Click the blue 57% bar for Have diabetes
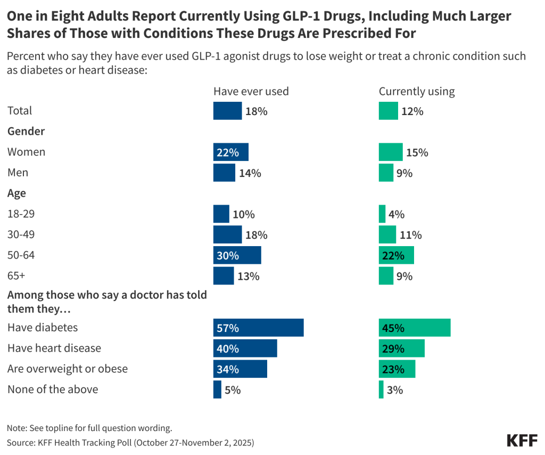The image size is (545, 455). (258, 328)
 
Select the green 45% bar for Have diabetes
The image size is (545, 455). (415, 328)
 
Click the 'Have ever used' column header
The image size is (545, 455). (251, 91)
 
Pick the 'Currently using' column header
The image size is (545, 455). (417, 91)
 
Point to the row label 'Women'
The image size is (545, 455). (26, 152)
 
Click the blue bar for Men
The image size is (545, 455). (224, 173)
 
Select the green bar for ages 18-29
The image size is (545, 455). (382, 214)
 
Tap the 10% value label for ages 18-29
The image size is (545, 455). (244, 215)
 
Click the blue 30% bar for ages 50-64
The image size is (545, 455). (237, 255)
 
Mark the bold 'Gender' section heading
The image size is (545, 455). (26, 131)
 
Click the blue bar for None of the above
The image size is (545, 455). (217, 389)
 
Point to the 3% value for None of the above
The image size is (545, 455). (395, 390)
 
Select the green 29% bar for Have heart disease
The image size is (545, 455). (402, 348)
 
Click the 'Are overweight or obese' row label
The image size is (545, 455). (68, 369)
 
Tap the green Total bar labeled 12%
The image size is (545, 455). (388, 111)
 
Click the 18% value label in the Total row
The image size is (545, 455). (256, 111)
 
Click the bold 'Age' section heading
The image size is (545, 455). (16, 193)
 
